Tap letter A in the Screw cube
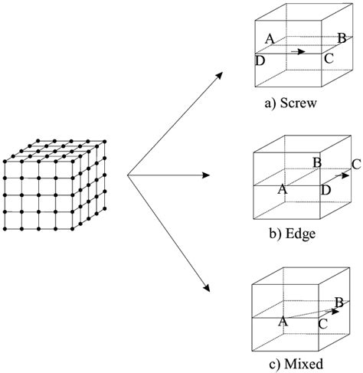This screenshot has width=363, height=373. point(269,38)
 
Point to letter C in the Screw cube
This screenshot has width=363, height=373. point(329,57)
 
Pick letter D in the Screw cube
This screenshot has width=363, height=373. point(260,60)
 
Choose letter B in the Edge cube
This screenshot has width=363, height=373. point(316,162)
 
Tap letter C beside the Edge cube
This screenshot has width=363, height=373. point(355,162)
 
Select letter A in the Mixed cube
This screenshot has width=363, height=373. point(282,322)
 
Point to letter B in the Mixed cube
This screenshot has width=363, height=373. point(338,303)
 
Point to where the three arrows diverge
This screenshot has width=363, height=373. point(126,175)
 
